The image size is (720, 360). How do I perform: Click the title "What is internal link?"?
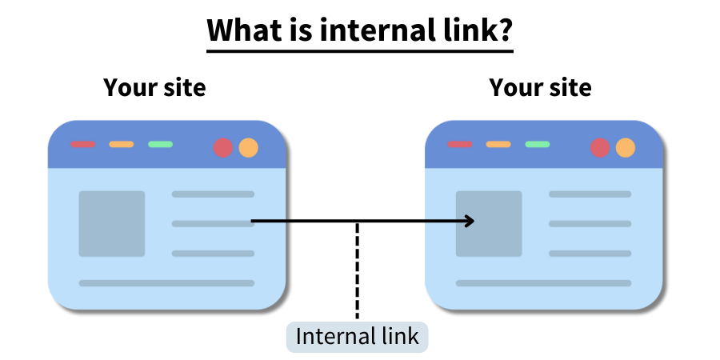point(359,31)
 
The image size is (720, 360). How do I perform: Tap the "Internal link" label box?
point(357,336)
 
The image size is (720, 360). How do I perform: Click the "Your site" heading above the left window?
point(154,87)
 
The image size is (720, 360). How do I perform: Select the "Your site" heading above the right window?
point(540,87)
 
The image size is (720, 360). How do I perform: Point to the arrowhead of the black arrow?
point(470,221)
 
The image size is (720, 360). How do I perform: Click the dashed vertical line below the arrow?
point(357,272)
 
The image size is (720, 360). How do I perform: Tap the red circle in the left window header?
point(223,147)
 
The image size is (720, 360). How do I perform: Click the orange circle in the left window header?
point(248,147)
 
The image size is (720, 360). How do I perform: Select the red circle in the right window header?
point(600,147)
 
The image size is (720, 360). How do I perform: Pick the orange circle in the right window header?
point(625,147)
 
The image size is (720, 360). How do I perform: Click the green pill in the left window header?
point(160,145)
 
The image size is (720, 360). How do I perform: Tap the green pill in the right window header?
point(537,145)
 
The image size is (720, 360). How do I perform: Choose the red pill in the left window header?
point(82,145)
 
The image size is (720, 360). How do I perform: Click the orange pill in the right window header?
point(498,145)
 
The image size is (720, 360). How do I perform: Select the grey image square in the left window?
point(112,223)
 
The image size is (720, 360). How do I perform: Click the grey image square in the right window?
point(489,223)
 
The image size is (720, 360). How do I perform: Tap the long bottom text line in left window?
point(166,283)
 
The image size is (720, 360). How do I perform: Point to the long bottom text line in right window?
point(543,283)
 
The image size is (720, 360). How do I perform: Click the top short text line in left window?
point(213,194)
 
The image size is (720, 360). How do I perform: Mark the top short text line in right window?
point(590,194)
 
